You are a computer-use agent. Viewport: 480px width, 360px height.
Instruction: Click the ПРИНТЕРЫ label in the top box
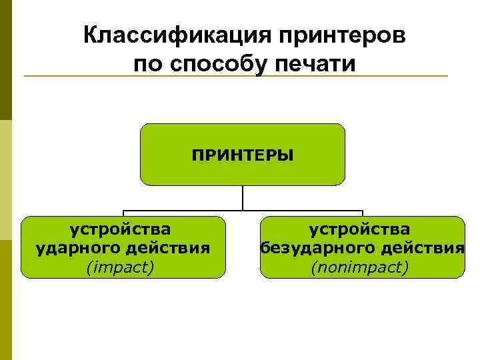[x=242, y=155]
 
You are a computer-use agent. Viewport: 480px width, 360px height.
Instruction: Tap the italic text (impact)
[x=121, y=267]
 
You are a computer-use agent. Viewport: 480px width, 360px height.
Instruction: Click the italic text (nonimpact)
[x=359, y=267]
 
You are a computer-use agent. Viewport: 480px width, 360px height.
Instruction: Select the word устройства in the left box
[x=121, y=230]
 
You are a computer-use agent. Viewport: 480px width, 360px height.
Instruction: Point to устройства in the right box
[x=359, y=230]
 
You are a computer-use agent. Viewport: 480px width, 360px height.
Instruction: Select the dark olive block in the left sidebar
[x=6, y=60]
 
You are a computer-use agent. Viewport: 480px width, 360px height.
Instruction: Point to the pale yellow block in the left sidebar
[x=6, y=180]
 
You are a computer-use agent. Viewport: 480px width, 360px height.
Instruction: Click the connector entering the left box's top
[x=123, y=213]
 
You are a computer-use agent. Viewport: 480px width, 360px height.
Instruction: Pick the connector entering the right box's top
[x=362, y=213]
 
